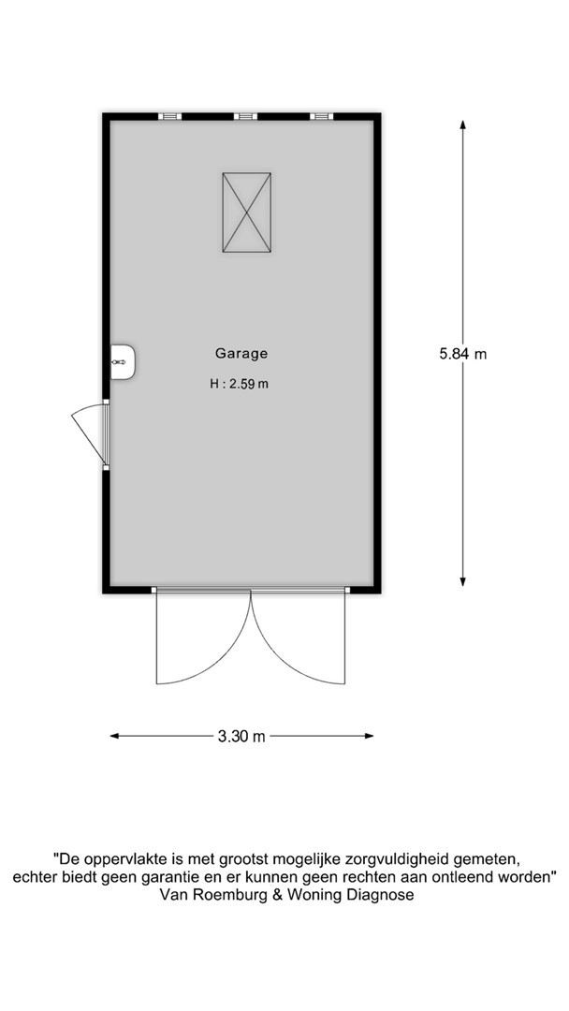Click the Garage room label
click(x=241, y=353)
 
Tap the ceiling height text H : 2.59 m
click(x=239, y=385)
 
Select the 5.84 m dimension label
click(x=462, y=353)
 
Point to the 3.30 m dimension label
click(x=241, y=737)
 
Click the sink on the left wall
click(x=123, y=361)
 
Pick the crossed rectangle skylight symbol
click(x=246, y=212)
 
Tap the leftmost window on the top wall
click(x=170, y=116)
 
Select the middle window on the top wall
click(x=245, y=116)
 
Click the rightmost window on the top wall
click(x=321, y=116)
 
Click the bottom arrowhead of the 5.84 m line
click(x=462, y=581)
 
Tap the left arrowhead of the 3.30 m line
click(x=115, y=736)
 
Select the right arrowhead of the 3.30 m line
click(x=369, y=736)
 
